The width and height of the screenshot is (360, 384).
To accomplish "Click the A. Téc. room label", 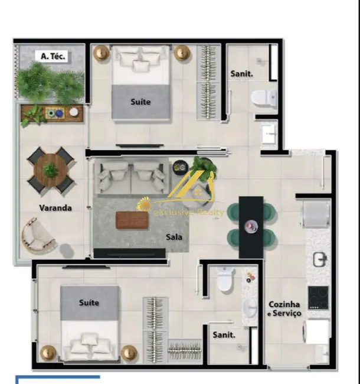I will (53, 57).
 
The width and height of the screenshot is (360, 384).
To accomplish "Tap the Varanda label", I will (55, 208).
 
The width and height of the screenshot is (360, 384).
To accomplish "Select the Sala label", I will (174, 237).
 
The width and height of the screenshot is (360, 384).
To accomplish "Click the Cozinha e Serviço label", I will (285, 308).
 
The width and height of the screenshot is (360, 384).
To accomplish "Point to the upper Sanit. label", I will (241, 74).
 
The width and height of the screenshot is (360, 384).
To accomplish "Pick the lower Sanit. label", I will (224, 335).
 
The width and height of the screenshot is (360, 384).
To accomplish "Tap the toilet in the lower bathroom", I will (225, 279).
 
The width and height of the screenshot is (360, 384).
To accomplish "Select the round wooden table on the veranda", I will (51, 171).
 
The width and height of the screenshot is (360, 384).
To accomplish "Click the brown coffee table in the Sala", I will (132, 220).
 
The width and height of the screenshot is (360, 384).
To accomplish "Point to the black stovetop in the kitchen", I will (318, 297).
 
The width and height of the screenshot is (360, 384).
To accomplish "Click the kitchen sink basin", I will (320, 259).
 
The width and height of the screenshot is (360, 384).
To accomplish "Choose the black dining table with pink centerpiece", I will (251, 226).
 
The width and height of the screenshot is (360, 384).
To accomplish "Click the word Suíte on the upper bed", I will (140, 102).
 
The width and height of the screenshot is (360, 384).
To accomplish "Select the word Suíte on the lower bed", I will (89, 302).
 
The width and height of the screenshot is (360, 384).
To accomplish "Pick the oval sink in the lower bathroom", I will (251, 308).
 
